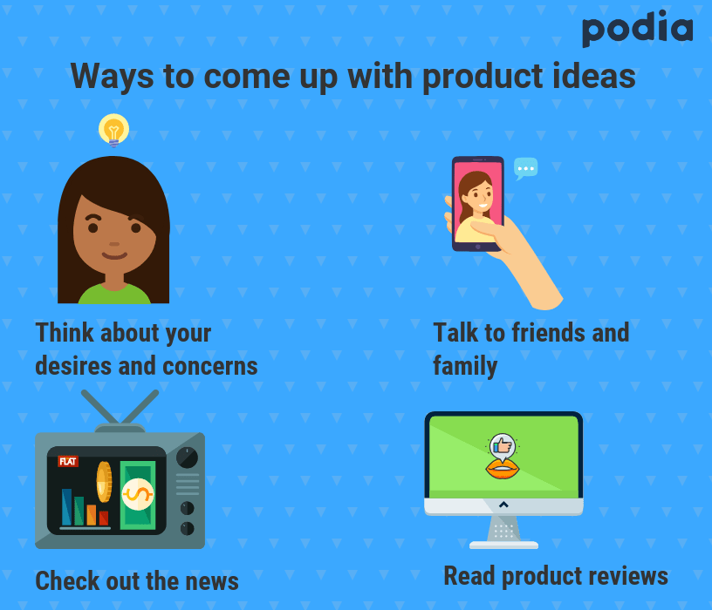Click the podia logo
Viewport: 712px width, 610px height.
pyautogui.click(x=638, y=29)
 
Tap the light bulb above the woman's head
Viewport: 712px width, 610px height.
pyautogui.click(x=113, y=130)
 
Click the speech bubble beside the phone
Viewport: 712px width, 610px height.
pyautogui.click(x=526, y=169)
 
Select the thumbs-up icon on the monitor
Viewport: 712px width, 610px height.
pyautogui.click(x=503, y=446)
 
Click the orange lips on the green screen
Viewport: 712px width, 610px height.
pyautogui.click(x=503, y=470)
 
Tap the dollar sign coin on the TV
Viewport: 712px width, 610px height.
pyautogui.click(x=138, y=494)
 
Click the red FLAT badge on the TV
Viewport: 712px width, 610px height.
pyautogui.click(x=68, y=462)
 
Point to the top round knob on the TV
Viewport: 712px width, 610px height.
pyautogui.click(x=187, y=457)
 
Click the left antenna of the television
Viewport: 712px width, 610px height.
pyautogui.click(x=100, y=407)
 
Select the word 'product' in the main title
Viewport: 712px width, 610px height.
pyautogui.click(x=483, y=76)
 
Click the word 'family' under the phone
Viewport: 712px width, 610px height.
pyautogui.click(x=465, y=365)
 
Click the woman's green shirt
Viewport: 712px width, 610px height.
pyautogui.click(x=114, y=294)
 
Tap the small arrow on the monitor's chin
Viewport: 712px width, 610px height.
pyautogui.click(x=503, y=505)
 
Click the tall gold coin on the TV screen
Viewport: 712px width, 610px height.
pyautogui.click(x=104, y=482)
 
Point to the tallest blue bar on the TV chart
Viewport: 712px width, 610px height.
pyautogui.click(x=66, y=507)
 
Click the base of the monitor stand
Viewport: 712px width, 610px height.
pyautogui.click(x=503, y=546)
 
